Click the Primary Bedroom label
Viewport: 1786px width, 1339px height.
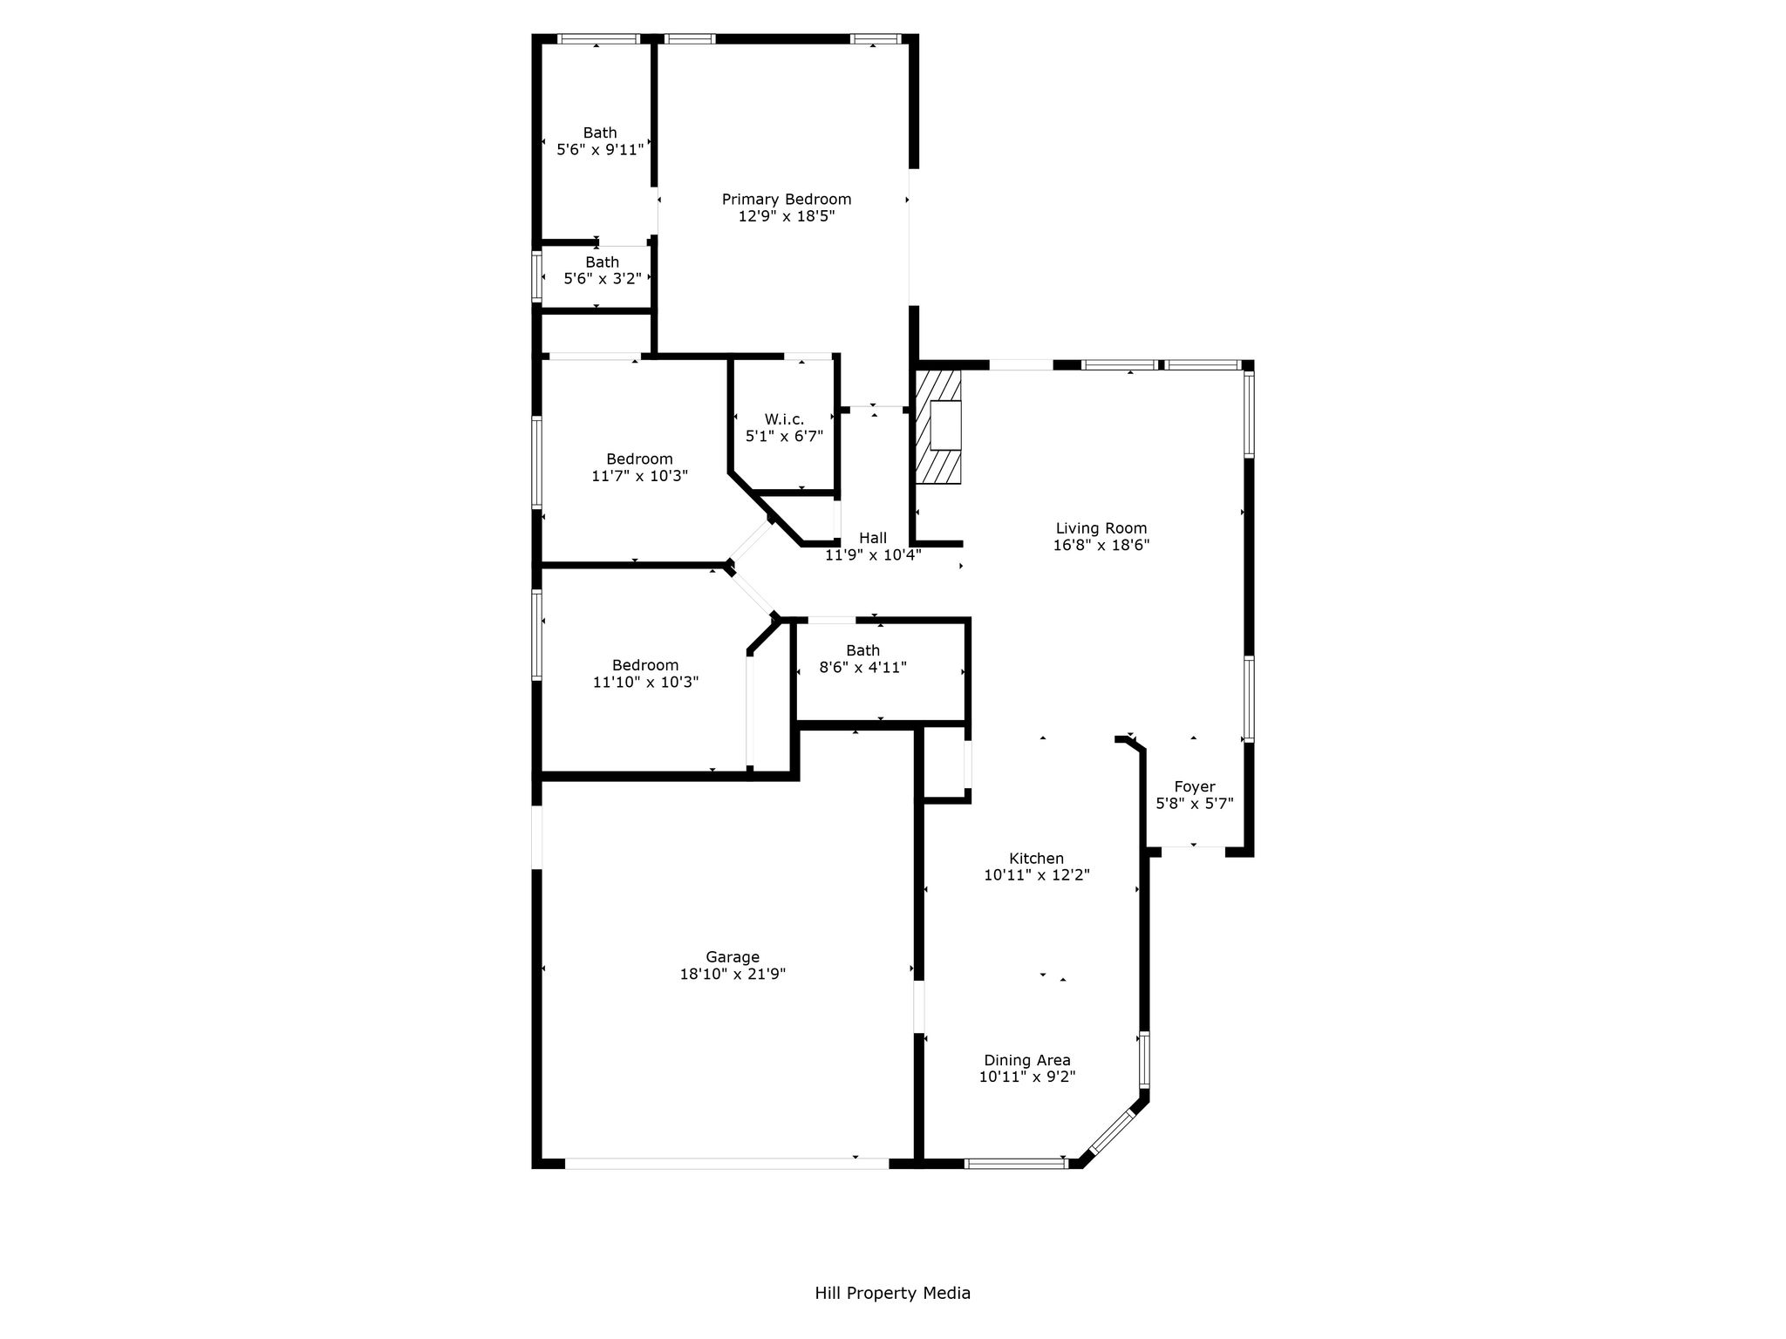[x=786, y=200]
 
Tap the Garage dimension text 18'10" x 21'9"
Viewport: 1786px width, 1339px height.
[x=733, y=975]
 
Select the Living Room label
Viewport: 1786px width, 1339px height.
[x=1101, y=528]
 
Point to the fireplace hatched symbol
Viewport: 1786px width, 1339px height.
[x=938, y=427]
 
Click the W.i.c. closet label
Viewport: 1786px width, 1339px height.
[x=784, y=419]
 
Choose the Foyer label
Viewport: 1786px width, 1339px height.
[x=1194, y=787]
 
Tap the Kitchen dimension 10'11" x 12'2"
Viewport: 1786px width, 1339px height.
[x=1037, y=875]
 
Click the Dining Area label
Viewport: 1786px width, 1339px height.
[x=1027, y=1061]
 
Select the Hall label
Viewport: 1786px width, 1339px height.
[x=873, y=538]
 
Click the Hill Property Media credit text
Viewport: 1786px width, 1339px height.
[x=892, y=1293]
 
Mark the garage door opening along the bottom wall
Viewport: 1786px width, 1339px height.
[x=726, y=1163]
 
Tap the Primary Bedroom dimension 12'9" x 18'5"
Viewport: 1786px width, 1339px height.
[x=787, y=216]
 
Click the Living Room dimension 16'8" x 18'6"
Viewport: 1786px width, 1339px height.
[x=1101, y=545]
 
